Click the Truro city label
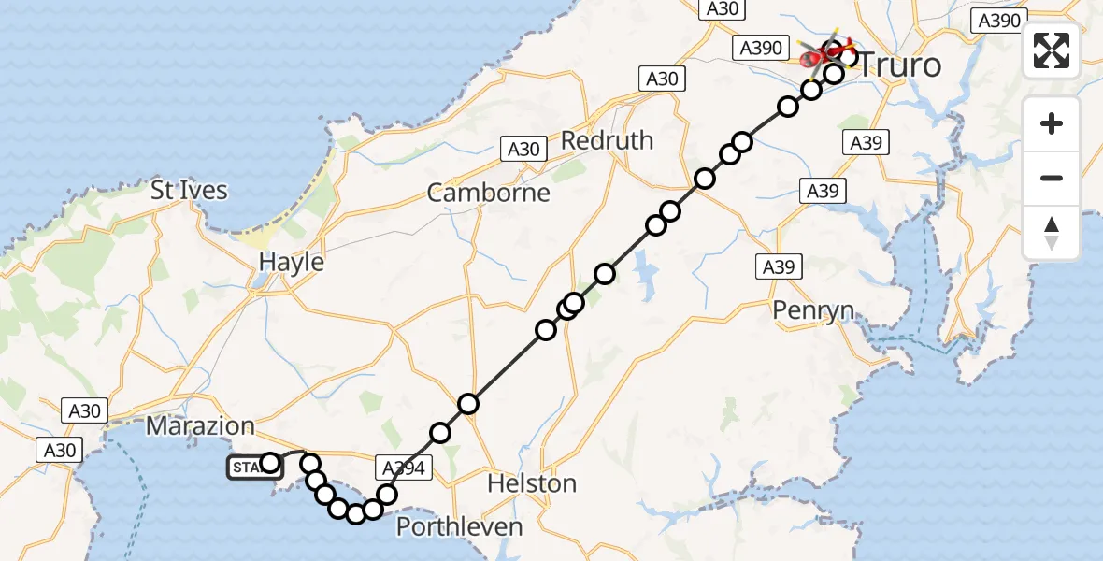coord(900,65)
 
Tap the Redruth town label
coord(607,141)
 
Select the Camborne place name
coord(488,194)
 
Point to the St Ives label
coord(189,191)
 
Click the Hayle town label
coord(291,263)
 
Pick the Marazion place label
coord(200,426)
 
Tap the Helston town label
coord(533,484)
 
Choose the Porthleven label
coord(459,527)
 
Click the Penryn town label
coord(813,309)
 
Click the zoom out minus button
coord(1052,178)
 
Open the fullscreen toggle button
coord(1052,50)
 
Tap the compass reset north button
coord(1052,232)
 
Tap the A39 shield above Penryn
coord(779,267)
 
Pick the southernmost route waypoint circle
coord(355,512)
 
